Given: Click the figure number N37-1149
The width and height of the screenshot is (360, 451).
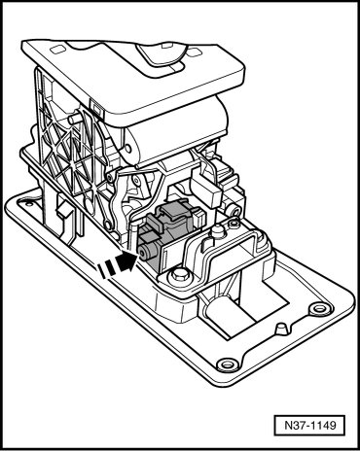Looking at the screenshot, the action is (309, 425).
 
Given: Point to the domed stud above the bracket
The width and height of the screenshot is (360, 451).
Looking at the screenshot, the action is (217, 232).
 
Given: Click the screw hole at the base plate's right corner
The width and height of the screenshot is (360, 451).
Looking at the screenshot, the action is (318, 307).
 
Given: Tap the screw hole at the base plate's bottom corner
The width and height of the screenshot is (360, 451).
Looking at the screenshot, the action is (227, 364).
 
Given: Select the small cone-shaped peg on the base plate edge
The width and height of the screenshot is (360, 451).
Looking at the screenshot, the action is (281, 330).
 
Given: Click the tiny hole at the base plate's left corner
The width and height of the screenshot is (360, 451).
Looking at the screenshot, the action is (28, 204).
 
